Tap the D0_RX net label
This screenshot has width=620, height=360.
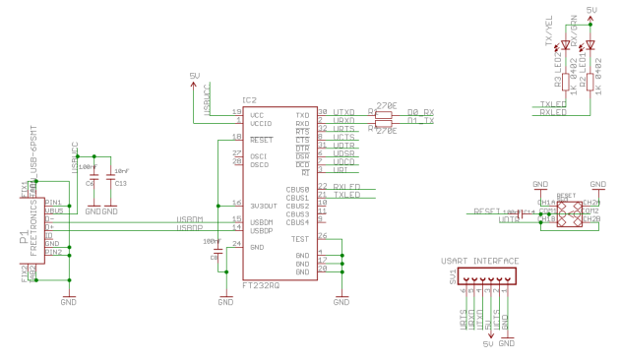(x=422, y=113)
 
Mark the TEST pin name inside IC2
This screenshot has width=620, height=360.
(x=300, y=238)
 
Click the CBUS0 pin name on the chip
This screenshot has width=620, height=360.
(x=298, y=188)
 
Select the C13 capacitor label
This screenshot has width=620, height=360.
(x=120, y=183)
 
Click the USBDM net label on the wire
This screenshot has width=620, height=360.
(x=190, y=219)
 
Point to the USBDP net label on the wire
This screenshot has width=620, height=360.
(x=190, y=228)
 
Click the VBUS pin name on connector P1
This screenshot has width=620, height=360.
(x=53, y=210)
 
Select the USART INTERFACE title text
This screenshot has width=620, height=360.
(x=479, y=261)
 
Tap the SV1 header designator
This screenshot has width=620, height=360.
(x=453, y=278)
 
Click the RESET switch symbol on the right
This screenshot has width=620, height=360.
(x=568, y=212)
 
